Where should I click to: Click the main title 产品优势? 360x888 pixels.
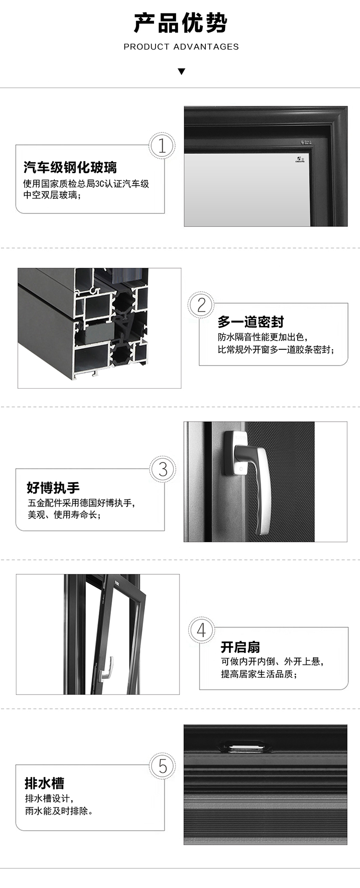[180, 23]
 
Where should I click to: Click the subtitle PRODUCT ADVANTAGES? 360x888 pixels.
[181, 47]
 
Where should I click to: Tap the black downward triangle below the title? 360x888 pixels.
[181, 72]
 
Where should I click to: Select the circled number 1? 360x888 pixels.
[162, 145]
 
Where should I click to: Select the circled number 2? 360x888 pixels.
[201, 305]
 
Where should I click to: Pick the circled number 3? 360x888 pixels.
[163, 469]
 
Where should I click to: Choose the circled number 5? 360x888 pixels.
[163, 766]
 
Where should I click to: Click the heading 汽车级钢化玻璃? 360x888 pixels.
[70, 167]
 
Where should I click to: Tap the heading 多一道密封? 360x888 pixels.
[251, 321]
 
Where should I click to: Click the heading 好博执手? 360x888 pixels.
[53, 488]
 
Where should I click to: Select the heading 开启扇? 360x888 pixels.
[240, 647]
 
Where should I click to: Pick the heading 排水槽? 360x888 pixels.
[44, 783]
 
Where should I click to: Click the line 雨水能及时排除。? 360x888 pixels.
[59, 811]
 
